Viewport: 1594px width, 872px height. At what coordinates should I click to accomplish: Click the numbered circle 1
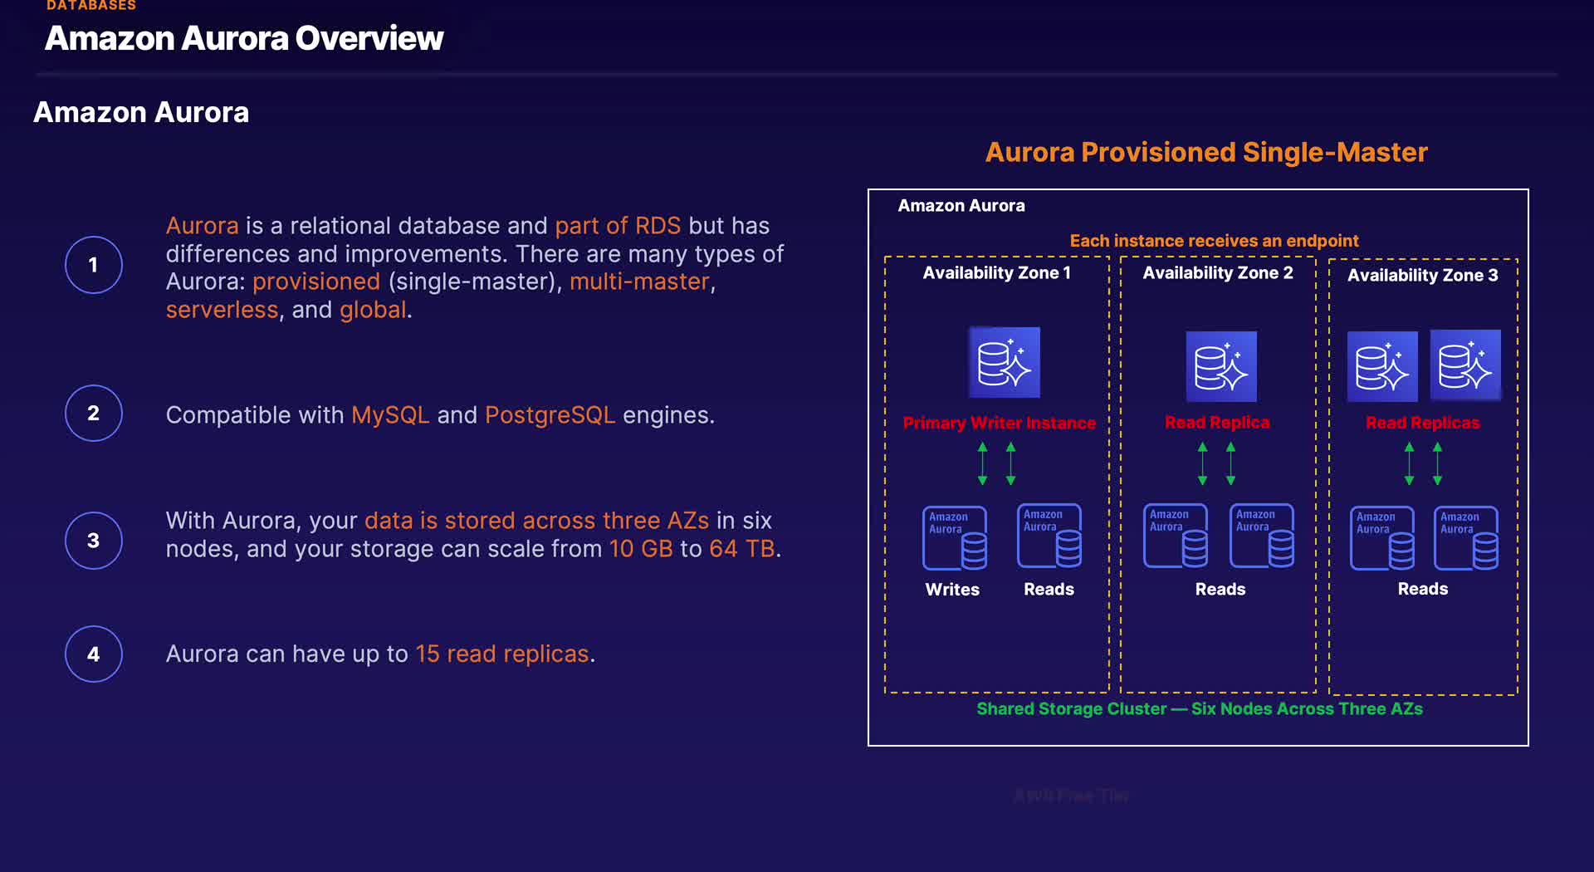(x=94, y=265)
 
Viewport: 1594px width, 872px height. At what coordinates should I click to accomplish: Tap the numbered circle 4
(x=94, y=654)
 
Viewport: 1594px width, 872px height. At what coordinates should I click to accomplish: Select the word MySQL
(x=390, y=414)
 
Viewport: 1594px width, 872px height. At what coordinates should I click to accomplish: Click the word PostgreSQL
(x=550, y=414)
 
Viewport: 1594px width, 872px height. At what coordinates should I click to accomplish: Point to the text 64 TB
(x=741, y=548)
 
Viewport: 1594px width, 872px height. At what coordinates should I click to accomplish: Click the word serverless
(x=222, y=310)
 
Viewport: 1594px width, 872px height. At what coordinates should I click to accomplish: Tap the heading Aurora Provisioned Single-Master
(x=1205, y=152)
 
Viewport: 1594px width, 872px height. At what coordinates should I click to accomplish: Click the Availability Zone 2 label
(x=1217, y=272)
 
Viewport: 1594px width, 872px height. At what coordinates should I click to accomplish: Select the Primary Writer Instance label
(x=999, y=423)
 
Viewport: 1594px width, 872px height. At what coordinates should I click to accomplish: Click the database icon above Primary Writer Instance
(x=1004, y=362)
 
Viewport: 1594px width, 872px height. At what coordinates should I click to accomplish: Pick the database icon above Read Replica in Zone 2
(x=1220, y=366)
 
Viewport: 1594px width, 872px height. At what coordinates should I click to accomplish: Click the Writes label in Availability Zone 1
(x=952, y=589)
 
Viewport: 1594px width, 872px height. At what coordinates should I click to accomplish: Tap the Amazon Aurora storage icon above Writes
(x=955, y=538)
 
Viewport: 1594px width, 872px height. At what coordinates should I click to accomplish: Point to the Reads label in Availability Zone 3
(x=1422, y=589)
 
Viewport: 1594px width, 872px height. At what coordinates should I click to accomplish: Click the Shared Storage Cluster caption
(x=1199, y=708)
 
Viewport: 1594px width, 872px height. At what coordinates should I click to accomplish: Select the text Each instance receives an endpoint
(x=1214, y=241)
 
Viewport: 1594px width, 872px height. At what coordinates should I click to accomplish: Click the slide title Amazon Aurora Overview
(x=244, y=38)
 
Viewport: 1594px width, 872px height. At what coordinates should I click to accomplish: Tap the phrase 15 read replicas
(x=501, y=654)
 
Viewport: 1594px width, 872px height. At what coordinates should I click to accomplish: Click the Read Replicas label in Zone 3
(x=1422, y=423)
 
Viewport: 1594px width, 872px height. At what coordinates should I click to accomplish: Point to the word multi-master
(x=639, y=282)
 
